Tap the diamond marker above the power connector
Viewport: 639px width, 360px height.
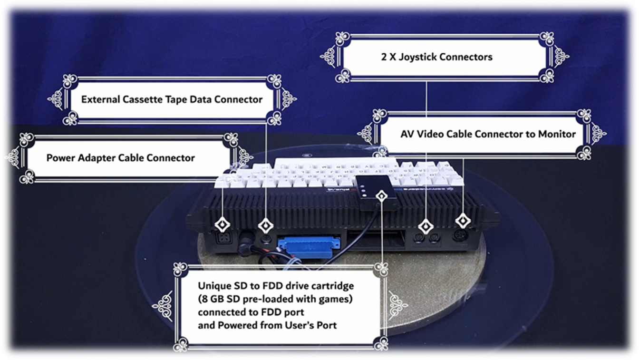point(222,224)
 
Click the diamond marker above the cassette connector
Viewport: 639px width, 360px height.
point(265,224)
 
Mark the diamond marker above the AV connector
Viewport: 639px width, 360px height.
point(462,220)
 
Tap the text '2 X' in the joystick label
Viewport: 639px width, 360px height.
point(388,57)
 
